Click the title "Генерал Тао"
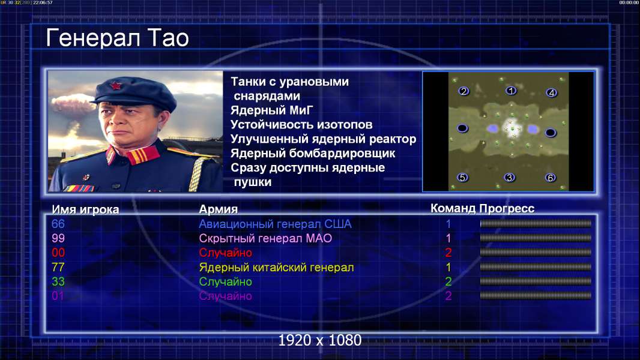pos(117,38)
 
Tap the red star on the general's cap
pos(116,85)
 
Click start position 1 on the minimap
pos(511,91)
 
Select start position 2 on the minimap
pos(463,91)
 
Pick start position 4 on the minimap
pos(551,93)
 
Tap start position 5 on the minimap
pos(462,178)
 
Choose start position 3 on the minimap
pos(509,178)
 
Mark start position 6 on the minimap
pos(551,178)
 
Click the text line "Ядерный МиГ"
pos(272,110)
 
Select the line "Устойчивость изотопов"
pos(301,125)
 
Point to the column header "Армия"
pos(218,209)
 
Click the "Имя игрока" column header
pos(85,209)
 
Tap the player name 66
pos(58,224)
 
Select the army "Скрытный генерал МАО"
pos(265,239)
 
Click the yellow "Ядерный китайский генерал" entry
pos(276,268)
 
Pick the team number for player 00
pos(448,253)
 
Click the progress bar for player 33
pos(536,281)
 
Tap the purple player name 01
pos(58,296)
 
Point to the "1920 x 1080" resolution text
pos(320,340)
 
